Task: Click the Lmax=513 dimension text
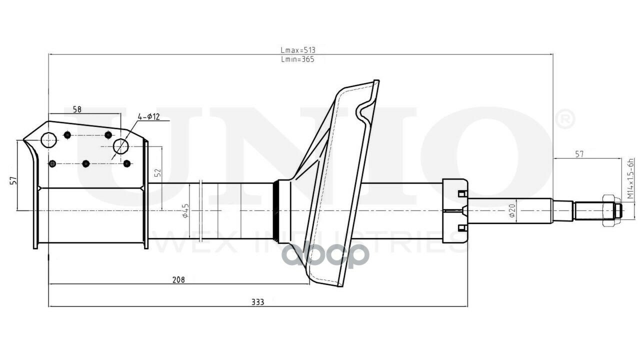pos(298,50)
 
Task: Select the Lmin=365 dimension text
pos(298,59)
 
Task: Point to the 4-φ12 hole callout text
pos(148,117)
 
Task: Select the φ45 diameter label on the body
pos(185,210)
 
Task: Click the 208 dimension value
pos(178,280)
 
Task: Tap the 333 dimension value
pos(257,302)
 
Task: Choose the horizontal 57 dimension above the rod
pos(579,154)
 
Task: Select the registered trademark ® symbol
pos(565,119)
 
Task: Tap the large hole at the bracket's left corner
pos(48,140)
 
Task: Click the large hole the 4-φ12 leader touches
pos(120,146)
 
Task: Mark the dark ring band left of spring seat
pos(275,210)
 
